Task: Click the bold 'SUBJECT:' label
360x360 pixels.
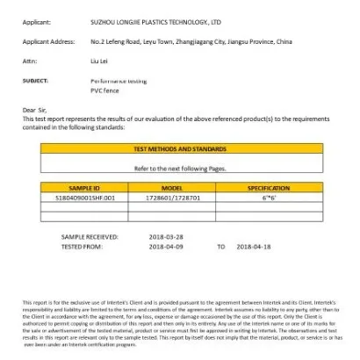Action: click(35, 80)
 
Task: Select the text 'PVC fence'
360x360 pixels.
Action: click(104, 90)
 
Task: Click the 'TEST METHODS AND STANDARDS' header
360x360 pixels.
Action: click(179, 149)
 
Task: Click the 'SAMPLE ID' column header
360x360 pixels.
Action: click(84, 188)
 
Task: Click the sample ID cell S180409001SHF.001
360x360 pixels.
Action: click(84, 199)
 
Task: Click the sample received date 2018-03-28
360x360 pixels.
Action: click(168, 237)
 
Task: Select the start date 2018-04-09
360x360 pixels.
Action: click(168, 247)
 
